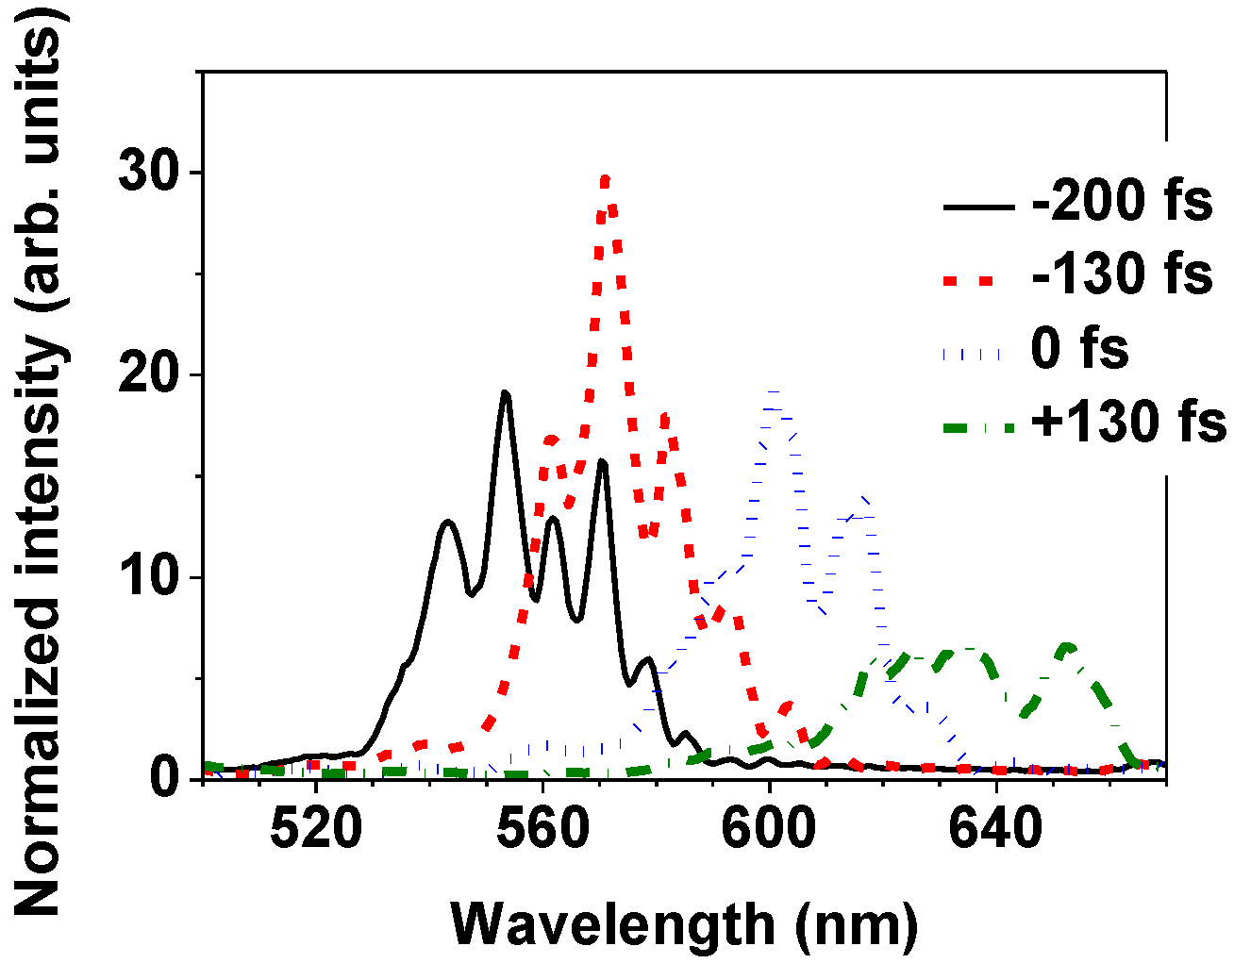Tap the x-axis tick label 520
316,831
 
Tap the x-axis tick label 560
542,831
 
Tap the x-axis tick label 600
770,831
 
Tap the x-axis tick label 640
996,831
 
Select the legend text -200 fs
1122,203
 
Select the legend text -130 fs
1122,274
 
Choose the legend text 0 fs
1079,347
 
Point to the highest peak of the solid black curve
506,393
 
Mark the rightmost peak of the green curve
1067,647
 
